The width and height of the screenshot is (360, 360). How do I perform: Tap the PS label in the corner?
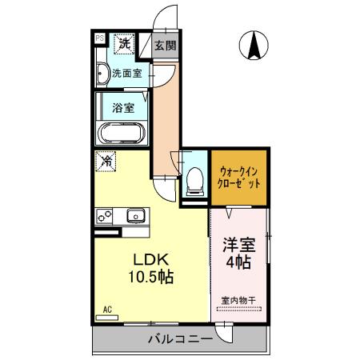pyautogui.click(x=100, y=38)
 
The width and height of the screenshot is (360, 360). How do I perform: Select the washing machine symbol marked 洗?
pyautogui.click(x=125, y=43)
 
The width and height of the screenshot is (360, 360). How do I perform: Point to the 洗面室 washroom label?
pyautogui.click(x=127, y=74)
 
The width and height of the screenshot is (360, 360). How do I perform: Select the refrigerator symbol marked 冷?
pyautogui.click(x=106, y=162)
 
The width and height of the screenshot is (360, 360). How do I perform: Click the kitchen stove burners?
pyautogui.click(x=105, y=214)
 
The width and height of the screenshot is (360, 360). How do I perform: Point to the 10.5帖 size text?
pyautogui.click(x=149, y=278)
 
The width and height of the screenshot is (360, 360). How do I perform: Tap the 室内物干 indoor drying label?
pyautogui.click(x=238, y=300)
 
